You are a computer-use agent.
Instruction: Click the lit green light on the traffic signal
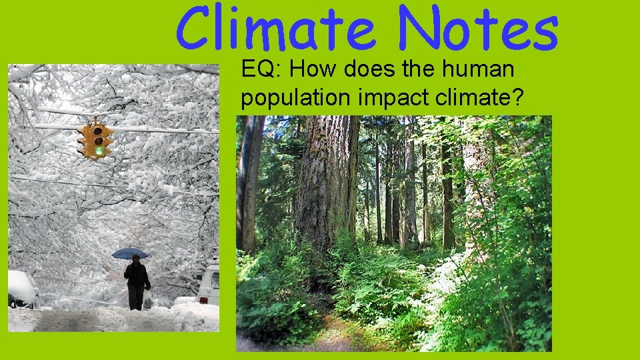pyautogui.click(x=99, y=151)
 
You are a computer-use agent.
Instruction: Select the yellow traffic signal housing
pyautogui.click(x=95, y=139)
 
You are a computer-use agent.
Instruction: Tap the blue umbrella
pyautogui.click(x=129, y=253)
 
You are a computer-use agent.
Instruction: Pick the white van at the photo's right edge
pyautogui.click(x=209, y=284)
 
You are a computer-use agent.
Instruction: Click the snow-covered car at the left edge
pyautogui.click(x=22, y=289)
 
